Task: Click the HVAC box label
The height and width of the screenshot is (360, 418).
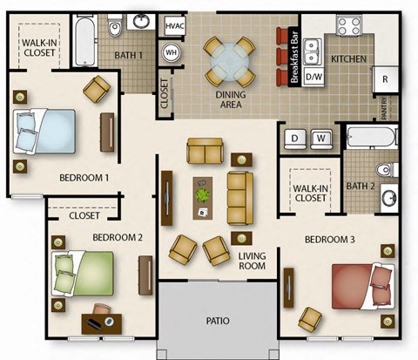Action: [x=175, y=28]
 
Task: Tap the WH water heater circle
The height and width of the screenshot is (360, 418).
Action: [x=172, y=52]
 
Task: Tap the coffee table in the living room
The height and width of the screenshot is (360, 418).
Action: [x=203, y=196]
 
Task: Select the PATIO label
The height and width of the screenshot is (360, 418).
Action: [x=218, y=322]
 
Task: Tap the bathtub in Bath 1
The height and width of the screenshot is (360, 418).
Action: [x=84, y=42]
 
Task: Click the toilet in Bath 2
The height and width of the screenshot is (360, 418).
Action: [x=384, y=168]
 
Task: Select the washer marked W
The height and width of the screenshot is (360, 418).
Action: [x=321, y=139]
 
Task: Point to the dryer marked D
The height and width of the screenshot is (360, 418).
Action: [x=295, y=139]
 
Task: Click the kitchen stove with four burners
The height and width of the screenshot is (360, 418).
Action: [x=348, y=25]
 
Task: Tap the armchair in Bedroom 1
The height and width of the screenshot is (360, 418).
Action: [x=98, y=88]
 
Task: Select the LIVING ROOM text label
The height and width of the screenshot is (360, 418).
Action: [x=252, y=261]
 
